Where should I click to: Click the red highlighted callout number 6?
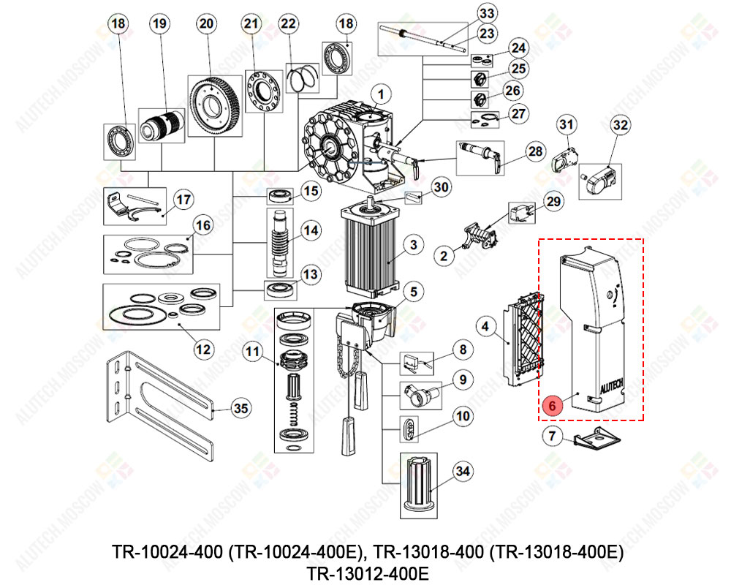[x=553, y=404]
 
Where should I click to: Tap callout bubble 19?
[x=159, y=24]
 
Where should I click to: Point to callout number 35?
[x=240, y=409]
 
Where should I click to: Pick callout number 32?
[x=620, y=126]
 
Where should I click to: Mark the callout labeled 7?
[x=553, y=437]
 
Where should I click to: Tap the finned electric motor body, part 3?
[x=369, y=245]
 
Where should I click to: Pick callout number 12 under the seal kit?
[x=205, y=349]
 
